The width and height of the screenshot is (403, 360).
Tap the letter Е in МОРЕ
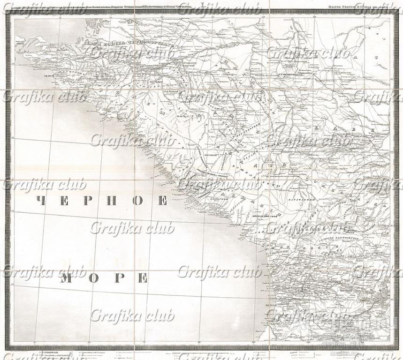pyautogui.click(x=141, y=278)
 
